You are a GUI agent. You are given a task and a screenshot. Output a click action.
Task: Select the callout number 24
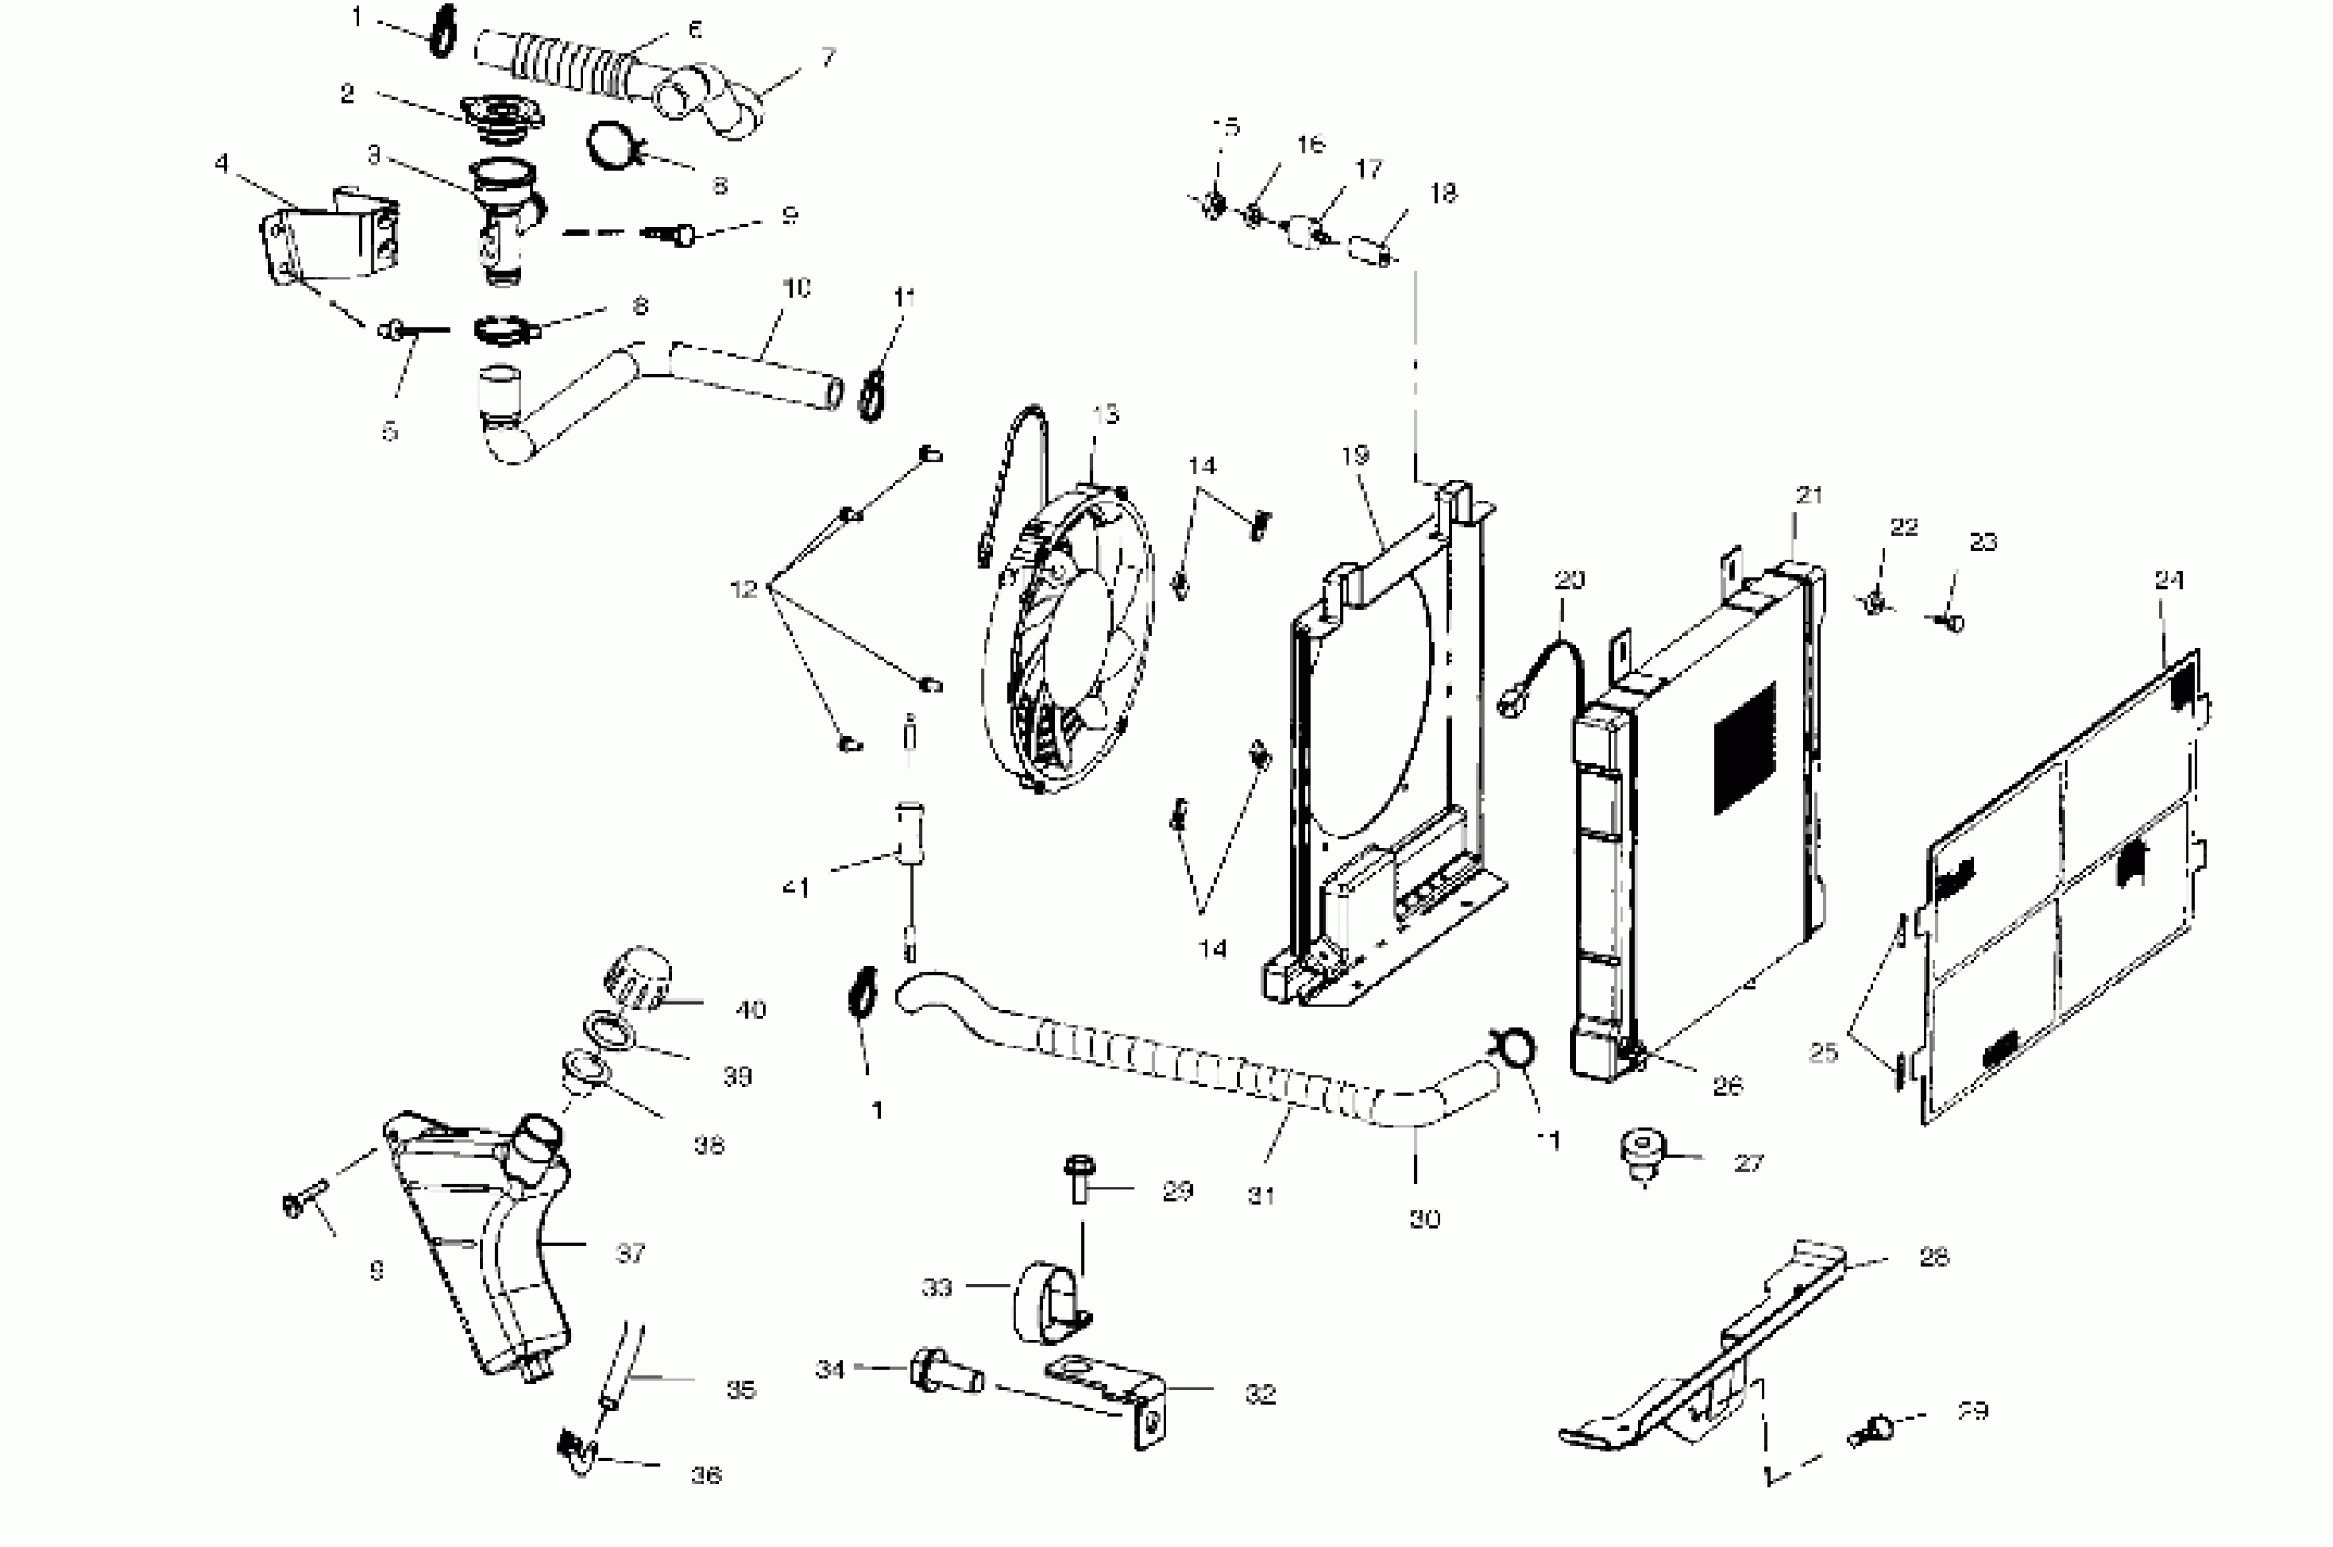(2168, 581)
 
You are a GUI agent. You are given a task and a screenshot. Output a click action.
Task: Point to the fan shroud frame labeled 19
(1381, 750)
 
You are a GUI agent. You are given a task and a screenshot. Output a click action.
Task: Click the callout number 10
(796, 288)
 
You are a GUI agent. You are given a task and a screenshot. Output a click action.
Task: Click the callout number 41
(796, 888)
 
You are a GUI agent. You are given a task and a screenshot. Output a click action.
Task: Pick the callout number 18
(1442, 193)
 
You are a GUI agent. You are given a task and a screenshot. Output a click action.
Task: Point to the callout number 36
(705, 1475)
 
